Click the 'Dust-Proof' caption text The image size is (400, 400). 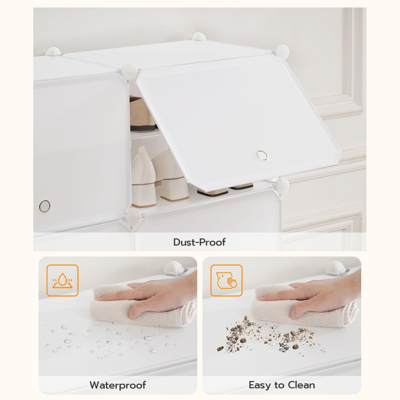click(199, 242)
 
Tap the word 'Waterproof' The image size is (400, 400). click(118, 385)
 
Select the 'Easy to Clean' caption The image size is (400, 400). click(282, 385)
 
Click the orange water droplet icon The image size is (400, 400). click(62, 281)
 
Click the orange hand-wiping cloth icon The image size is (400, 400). click(226, 281)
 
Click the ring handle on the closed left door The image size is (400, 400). click(44, 205)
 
